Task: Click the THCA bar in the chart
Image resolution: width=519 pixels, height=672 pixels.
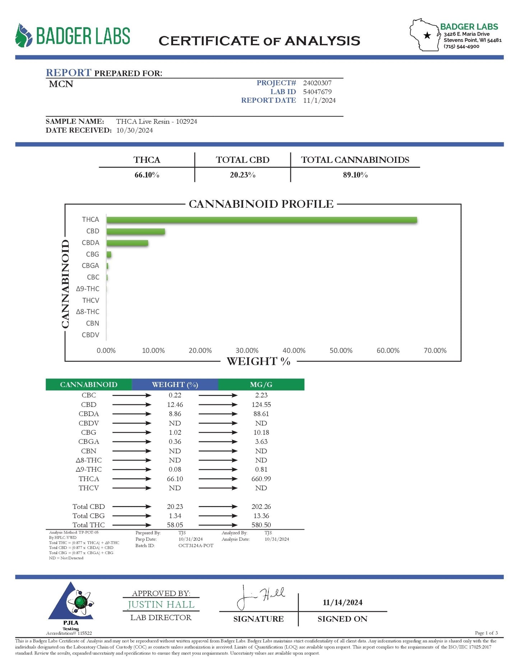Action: pos(261,220)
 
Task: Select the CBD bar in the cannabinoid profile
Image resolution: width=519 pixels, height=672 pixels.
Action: pos(135,231)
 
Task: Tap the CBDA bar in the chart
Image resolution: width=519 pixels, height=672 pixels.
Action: pos(127,243)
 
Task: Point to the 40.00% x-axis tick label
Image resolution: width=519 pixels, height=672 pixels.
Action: pos(294,350)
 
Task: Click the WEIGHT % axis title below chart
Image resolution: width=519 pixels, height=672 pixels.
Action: pos(258,361)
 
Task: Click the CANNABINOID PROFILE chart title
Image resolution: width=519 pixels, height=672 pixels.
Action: pos(261,204)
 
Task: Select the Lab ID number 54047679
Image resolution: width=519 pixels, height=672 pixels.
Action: pos(317,92)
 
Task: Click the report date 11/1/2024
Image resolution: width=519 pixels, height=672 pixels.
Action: pos(319,100)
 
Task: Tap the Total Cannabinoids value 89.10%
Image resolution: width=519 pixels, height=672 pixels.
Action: pos(355,175)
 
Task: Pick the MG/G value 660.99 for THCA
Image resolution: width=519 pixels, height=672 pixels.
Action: pos(261,479)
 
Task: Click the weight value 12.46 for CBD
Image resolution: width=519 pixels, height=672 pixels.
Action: pos(175,405)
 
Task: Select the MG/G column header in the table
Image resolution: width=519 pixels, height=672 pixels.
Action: pos(261,385)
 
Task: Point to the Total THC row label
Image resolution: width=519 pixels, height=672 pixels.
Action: pos(89,525)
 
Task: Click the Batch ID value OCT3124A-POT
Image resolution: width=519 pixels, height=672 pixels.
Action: pos(196,546)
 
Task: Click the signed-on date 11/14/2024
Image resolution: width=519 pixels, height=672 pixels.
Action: pos(342,603)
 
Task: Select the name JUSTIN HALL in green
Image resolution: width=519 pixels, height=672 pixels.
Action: pos(161,605)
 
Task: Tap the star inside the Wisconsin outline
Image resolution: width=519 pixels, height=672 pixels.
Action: pos(427,35)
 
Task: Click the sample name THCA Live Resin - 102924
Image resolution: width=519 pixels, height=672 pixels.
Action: pos(157,121)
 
